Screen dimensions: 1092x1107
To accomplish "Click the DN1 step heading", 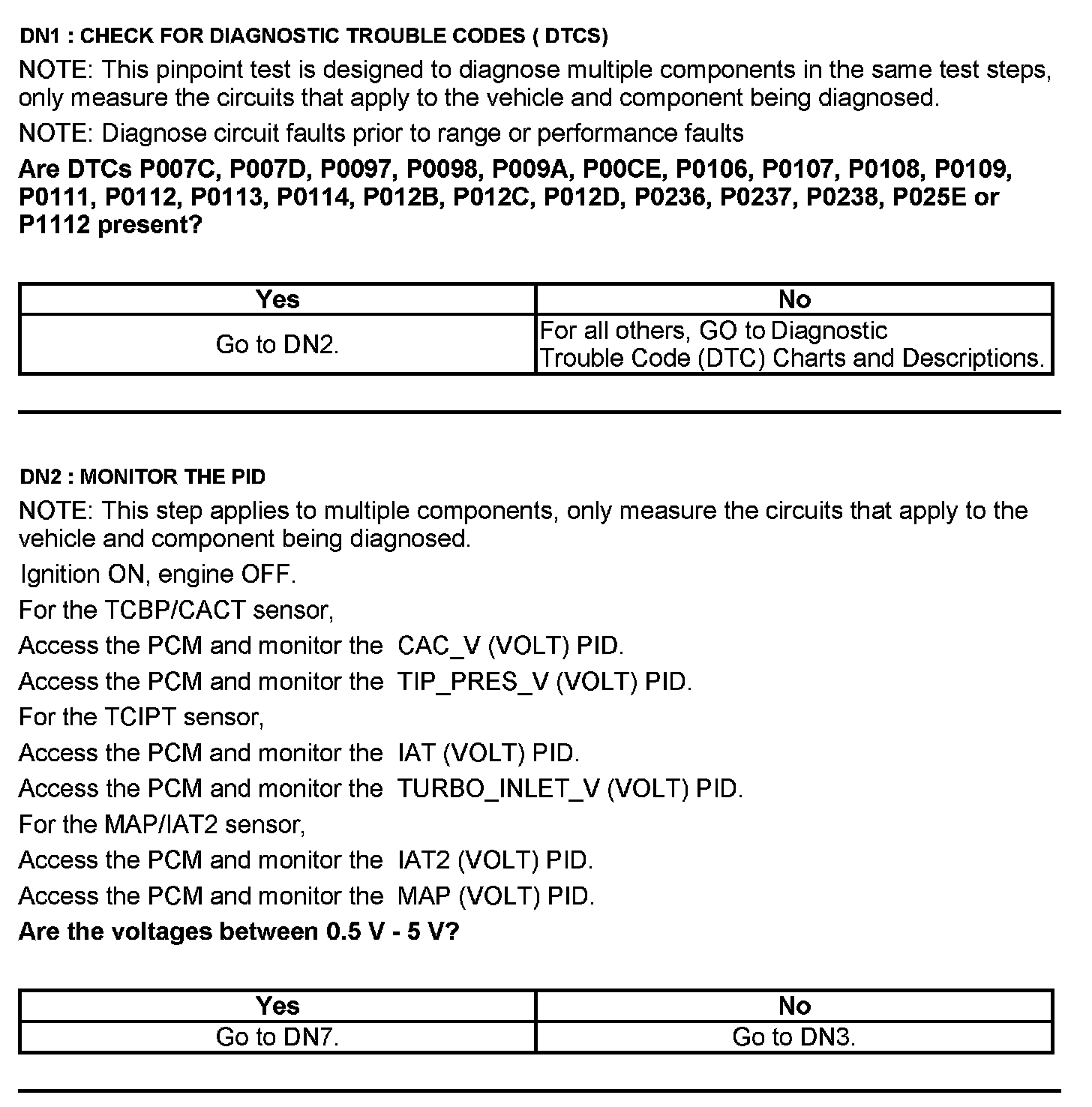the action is click(313, 35).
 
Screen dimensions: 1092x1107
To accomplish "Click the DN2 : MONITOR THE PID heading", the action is click(142, 476).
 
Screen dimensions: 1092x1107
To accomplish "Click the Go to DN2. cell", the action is click(277, 344).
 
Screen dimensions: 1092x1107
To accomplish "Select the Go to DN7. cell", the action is click(277, 1036).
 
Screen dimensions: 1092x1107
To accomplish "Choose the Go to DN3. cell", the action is click(794, 1036).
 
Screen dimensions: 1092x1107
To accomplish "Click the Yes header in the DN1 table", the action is click(277, 299).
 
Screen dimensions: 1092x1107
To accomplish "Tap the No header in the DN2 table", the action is click(794, 1005).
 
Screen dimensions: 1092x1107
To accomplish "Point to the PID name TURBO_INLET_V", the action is click(499, 789).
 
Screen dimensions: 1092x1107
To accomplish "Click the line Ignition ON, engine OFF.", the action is click(158, 574).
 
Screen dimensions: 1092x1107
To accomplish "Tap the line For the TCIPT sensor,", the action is click(142, 717).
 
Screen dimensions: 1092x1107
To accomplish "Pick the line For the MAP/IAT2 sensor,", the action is click(162, 824).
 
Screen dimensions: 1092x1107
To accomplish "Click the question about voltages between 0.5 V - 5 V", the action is click(238, 931).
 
